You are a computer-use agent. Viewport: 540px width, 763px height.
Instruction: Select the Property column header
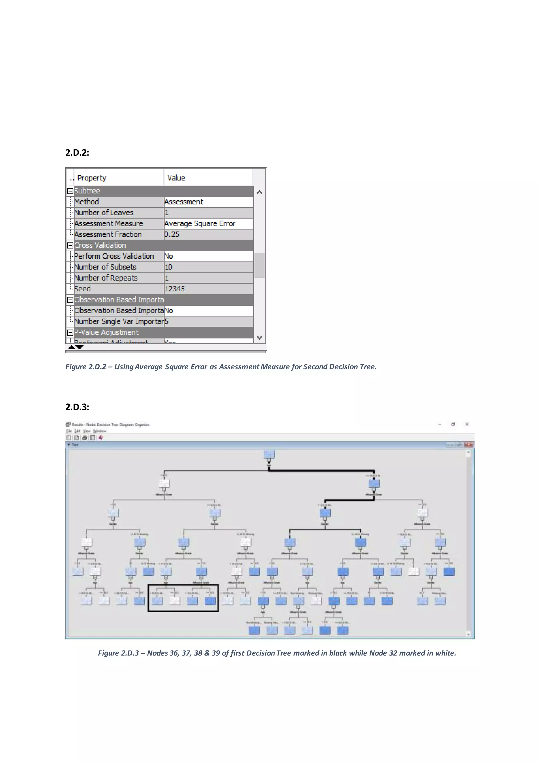[x=91, y=178]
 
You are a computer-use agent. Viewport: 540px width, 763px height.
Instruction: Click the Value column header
[x=176, y=178]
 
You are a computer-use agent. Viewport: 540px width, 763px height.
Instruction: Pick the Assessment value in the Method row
[x=184, y=202]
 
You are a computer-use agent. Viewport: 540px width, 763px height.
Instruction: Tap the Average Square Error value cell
[x=200, y=223]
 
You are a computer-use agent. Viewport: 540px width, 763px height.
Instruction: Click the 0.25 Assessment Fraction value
[x=172, y=234]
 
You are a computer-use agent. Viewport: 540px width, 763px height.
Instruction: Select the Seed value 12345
[x=175, y=289]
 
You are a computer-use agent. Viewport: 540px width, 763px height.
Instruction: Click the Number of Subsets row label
[x=105, y=267]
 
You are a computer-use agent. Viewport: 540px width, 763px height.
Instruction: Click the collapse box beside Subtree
[x=70, y=191]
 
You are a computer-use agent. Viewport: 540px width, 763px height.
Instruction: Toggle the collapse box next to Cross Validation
[x=70, y=246]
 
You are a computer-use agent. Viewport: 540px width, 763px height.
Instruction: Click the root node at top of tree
[x=269, y=454]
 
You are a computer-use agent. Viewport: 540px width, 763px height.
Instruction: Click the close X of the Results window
[x=467, y=424]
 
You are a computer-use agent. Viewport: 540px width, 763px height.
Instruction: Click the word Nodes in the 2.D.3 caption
[x=158, y=653]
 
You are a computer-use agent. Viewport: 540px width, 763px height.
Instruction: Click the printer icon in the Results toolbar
[x=84, y=438]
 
